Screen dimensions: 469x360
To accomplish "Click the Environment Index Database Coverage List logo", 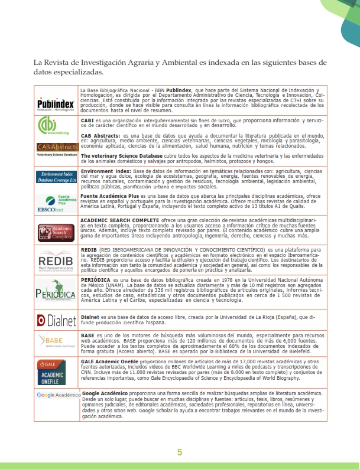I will pos(57,177).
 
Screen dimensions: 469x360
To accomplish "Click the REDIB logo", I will pos(57,260).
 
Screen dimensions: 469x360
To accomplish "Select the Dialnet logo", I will pos(57,320).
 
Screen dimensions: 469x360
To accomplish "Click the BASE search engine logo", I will pos(56,342).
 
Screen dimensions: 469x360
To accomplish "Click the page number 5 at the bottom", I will pos(180,453).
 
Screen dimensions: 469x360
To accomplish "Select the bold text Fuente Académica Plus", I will pos(107,196).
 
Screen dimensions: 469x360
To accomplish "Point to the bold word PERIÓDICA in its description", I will pos(96,279).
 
